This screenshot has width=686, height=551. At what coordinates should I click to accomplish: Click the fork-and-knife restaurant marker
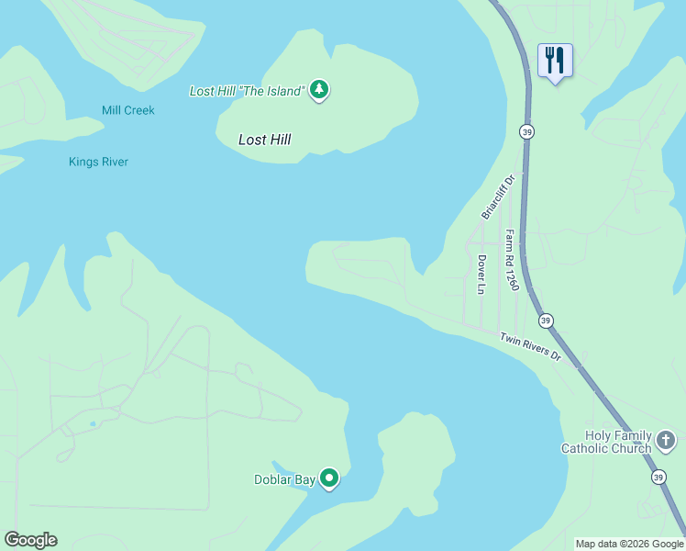[555, 61]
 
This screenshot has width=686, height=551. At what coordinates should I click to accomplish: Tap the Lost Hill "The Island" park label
[247, 91]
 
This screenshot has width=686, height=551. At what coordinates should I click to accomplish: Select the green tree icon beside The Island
[319, 90]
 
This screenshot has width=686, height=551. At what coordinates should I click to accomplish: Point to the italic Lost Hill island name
[264, 140]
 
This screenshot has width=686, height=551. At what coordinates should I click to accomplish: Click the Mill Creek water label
[128, 110]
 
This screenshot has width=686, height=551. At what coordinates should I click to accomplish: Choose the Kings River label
[98, 162]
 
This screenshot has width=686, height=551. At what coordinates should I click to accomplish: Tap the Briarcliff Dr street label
[499, 197]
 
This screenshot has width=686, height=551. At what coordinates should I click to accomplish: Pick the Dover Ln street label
[481, 274]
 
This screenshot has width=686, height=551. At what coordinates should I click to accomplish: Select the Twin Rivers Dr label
[530, 347]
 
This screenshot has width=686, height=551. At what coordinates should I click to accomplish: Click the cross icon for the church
[667, 443]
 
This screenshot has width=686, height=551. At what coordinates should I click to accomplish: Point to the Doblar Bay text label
[284, 479]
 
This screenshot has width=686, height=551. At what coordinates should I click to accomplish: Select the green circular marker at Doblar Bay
[329, 478]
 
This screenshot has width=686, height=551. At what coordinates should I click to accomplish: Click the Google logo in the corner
[30, 540]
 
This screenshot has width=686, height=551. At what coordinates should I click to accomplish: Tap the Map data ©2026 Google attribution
[629, 544]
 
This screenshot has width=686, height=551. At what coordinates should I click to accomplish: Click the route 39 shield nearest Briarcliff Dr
[526, 132]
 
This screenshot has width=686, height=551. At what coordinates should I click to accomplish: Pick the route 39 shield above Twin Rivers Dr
[546, 320]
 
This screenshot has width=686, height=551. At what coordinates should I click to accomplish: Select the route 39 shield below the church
[658, 477]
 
